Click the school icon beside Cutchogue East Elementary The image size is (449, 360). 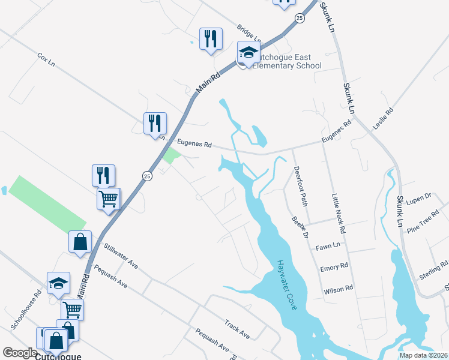(248, 53)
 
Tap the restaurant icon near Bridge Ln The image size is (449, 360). (210, 39)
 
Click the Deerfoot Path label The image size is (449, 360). (301, 186)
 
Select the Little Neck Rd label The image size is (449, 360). (339, 213)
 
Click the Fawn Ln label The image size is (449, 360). (328, 246)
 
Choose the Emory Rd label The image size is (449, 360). (334, 266)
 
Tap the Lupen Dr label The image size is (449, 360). (419, 197)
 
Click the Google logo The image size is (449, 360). (20, 353)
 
